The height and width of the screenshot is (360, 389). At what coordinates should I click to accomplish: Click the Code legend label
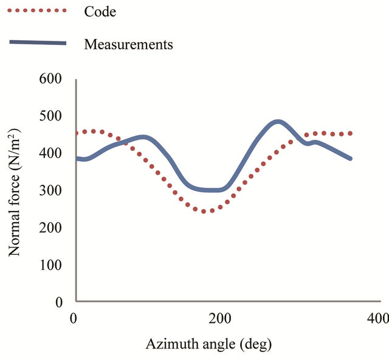99,12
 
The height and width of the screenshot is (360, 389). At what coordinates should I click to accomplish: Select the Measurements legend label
129,44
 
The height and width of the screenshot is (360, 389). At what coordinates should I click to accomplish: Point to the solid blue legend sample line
38,43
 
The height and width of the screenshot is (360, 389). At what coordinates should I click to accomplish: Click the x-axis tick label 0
74,318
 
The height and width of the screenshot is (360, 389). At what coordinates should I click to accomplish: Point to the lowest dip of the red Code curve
207,211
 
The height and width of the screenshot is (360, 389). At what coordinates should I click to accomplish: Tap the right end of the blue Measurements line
351,159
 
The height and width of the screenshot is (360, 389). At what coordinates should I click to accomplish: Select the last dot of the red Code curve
351,133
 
